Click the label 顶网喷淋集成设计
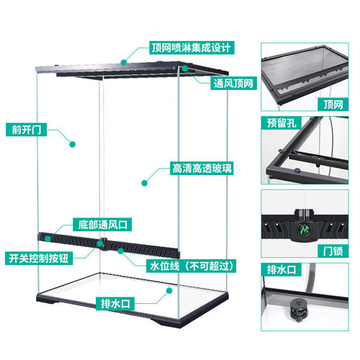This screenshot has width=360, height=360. point(192,48)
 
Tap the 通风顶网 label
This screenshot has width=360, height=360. point(233,84)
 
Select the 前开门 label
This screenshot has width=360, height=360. point(26,130)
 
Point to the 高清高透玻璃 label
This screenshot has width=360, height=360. point(202,168)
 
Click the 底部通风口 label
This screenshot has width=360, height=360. point(102,225)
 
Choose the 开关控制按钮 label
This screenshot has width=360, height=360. point(39,258)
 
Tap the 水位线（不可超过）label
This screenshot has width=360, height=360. point(192,266)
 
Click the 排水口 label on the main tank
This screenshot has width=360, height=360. point(115,304)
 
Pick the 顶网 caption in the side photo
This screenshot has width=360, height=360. point(333,104)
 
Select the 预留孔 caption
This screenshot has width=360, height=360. point(282,123)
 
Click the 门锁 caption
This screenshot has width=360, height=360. point(333,251)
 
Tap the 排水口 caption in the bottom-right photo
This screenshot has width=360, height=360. point(282,269)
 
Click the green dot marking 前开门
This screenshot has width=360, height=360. point(73,144)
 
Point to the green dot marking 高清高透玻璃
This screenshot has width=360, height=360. point(144,183)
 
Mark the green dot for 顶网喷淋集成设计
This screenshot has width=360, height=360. point(124,63)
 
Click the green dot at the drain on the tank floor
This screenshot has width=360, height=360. point(169,291)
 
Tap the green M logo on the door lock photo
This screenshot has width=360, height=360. point(305,230)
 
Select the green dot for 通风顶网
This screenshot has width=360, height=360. point(185,68)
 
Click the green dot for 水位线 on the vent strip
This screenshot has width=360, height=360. point(120,251)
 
